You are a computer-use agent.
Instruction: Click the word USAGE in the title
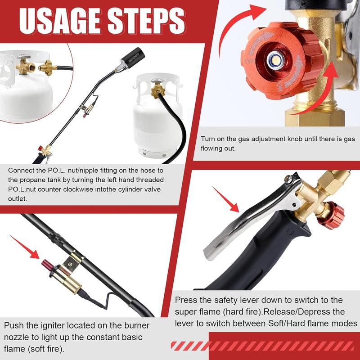(60, 21)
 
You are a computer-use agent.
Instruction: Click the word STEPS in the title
(146, 21)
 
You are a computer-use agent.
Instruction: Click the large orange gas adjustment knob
(282, 60)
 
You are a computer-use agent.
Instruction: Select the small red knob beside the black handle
(331, 215)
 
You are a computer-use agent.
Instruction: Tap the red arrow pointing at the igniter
(25, 247)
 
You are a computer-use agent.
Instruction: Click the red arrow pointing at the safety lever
(225, 199)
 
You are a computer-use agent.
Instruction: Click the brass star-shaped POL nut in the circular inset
(48, 67)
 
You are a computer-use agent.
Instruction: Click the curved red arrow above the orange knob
(239, 25)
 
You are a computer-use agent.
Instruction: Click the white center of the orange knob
(275, 60)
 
